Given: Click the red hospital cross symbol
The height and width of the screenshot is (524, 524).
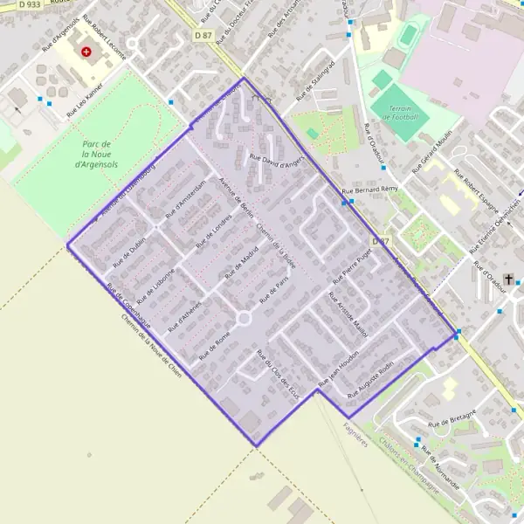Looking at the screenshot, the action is (x=86, y=52).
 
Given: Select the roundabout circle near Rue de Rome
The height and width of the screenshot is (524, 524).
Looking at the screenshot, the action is (x=244, y=319).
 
